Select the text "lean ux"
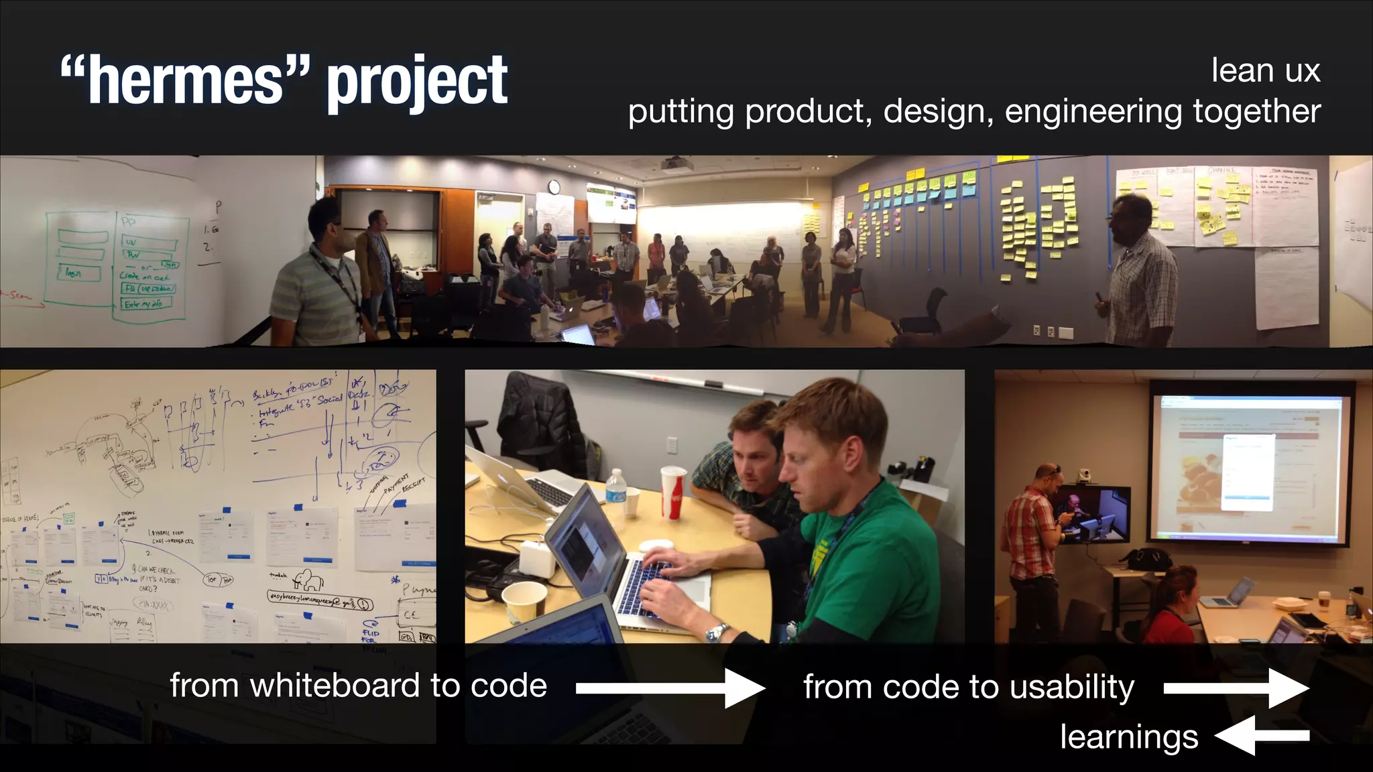(1265, 70)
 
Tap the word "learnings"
(1129, 736)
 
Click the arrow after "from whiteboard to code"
(670, 688)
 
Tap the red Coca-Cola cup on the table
(673, 493)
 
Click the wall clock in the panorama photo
(554, 187)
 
